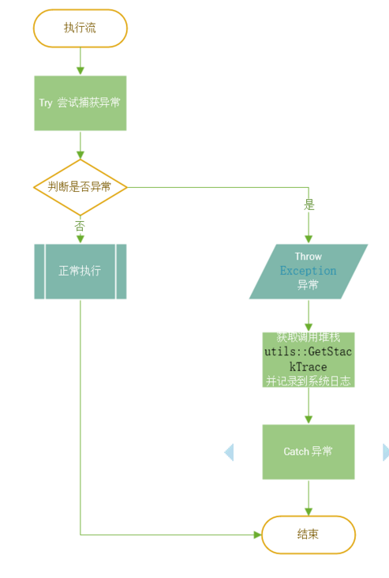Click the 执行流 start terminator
tap(80, 28)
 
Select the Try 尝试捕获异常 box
tap(80, 103)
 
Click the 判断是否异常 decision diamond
tap(80, 187)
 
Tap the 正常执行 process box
tap(80, 271)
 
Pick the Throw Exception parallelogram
tap(308, 271)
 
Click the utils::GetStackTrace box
tap(308, 360)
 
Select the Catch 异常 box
tap(308, 452)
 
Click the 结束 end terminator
tap(308, 535)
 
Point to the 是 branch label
tap(309, 205)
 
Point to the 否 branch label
tap(80, 226)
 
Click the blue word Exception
tap(308, 271)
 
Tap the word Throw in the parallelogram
tap(308, 257)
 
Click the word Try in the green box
tap(46, 103)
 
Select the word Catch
tap(296, 452)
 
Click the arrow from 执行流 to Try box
tap(80, 61)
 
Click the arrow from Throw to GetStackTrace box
tap(308, 316)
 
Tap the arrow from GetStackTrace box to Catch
tap(308, 407)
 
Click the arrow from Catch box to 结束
tap(308, 497)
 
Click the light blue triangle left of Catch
tap(229, 452)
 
